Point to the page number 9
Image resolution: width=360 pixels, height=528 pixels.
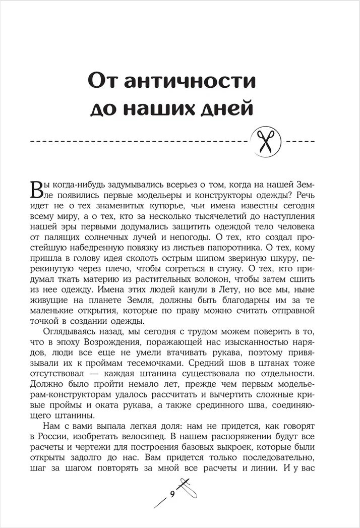point(171,494)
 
